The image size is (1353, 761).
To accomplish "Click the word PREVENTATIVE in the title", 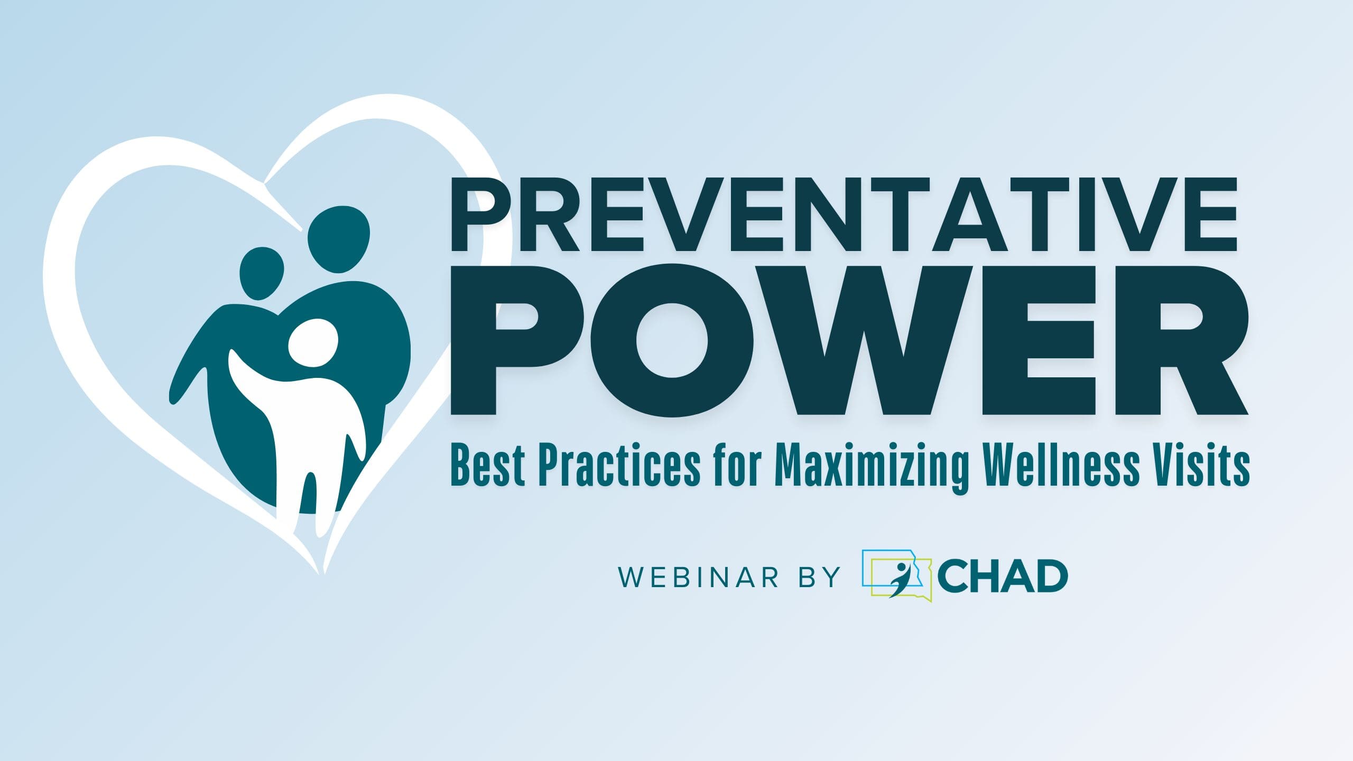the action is [x=844, y=214].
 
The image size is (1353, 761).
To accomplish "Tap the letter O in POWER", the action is [x=671, y=340].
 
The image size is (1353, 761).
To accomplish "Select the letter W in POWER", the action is [x=864, y=340].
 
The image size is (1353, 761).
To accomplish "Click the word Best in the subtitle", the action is [x=487, y=465].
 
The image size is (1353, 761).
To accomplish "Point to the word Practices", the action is [x=619, y=465].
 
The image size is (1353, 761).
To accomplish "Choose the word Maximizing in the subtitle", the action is [x=872, y=468].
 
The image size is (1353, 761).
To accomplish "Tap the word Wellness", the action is [x=1062, y=465].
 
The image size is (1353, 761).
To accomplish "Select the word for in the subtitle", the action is [x=738, y=465].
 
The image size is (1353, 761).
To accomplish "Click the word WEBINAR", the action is [x=698, y=577].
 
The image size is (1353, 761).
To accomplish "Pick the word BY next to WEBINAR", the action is [x=819, y=577].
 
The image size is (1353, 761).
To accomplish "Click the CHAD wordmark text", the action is [x=1003, y=577].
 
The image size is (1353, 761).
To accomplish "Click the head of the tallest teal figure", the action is [x=339, y=239].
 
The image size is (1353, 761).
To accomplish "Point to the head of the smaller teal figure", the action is [x=262, y=273].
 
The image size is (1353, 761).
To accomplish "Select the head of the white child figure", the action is [x=313, y=343].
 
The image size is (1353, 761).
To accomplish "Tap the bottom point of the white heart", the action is [x=321, y=573].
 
